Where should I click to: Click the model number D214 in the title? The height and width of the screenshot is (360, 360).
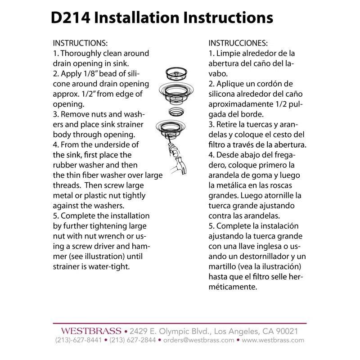click(70, 18)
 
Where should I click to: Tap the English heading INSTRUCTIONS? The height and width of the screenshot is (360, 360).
click(80, 43)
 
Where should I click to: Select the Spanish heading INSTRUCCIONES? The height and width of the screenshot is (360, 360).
click(238, 43)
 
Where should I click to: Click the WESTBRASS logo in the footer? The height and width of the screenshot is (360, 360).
click(91, 331)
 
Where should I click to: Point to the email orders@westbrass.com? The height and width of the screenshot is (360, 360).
click(198, 340)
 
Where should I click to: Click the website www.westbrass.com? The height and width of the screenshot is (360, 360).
click(273, 340)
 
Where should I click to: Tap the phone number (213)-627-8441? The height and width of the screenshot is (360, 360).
click(78, 340)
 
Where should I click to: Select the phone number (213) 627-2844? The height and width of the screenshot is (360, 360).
click(132, 340)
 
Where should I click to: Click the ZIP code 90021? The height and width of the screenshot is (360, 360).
click(287, 331)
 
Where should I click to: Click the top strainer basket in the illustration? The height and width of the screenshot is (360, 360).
click(176, 74)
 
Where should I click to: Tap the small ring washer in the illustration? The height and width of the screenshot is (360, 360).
click(176, 112)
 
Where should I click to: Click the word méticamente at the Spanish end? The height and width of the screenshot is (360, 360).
click(233, 287)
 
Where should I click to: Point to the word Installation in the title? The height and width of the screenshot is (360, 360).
click(137, 18)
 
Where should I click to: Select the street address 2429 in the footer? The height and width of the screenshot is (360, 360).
click(139, 331)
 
